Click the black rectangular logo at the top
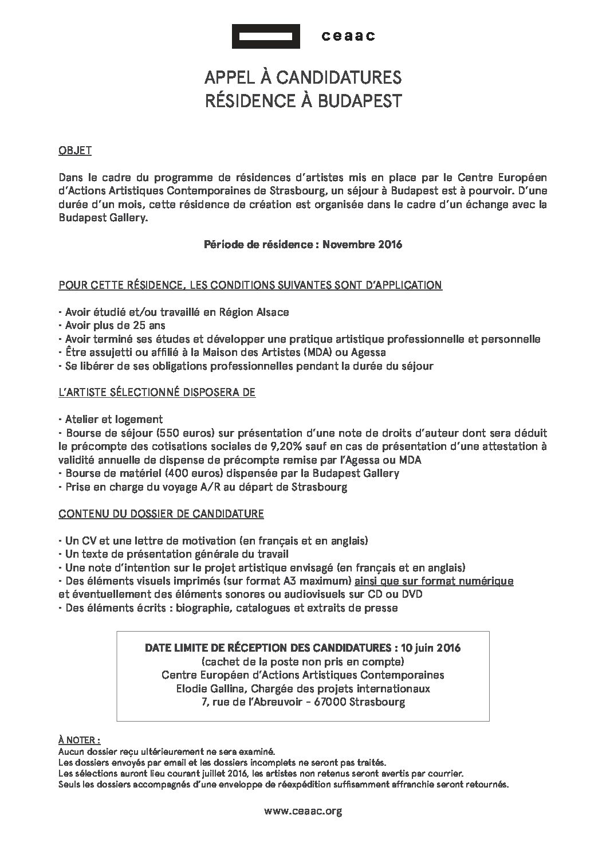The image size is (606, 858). click(x=266, y=37)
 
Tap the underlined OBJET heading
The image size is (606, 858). click(x=75, y=151)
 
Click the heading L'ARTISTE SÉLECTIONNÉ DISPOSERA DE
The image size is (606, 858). click(x=157, y=393)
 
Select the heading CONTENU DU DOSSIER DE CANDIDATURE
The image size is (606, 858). click(x=161, y=514)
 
